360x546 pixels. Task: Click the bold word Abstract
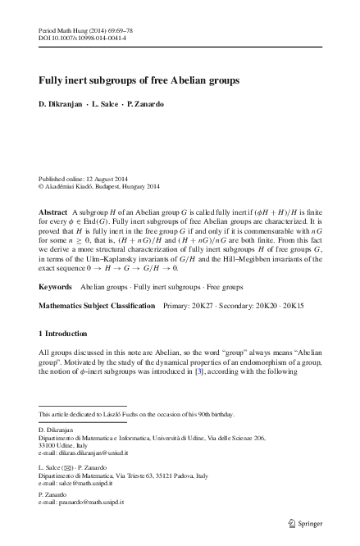[x=54, y=212]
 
